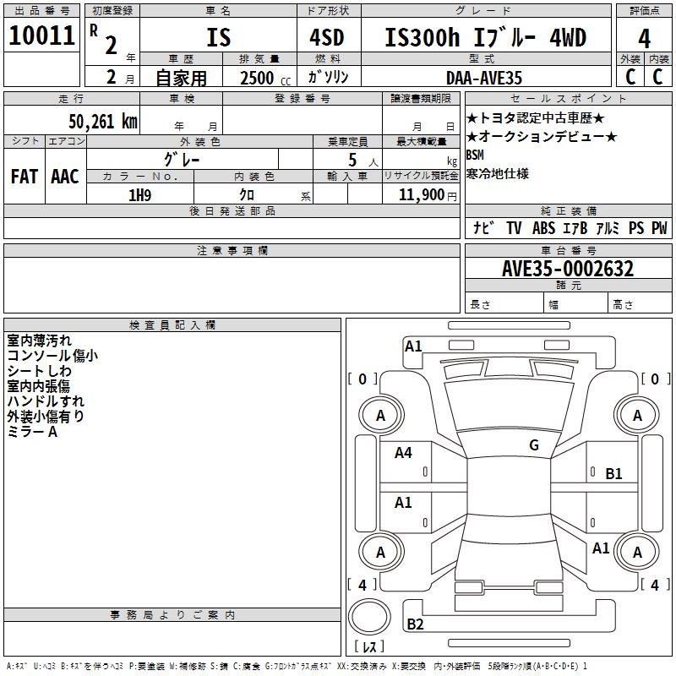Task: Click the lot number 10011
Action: click(x=42, y=36)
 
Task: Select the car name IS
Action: click(x=218, y=38)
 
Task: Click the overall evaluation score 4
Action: click(x=645, y=39)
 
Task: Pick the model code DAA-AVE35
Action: click(x=483, y=78)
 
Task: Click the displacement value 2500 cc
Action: click(x=264, y=78)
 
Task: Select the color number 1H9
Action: click(x=139, y=195)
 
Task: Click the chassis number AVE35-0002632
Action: click(x=567, y=269)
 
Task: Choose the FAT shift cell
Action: click(x=25, y=177)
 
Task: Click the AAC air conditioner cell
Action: click(x=65, y=177)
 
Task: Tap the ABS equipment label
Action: click(x=543, y=228)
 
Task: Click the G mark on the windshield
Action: click(x=533, y=445)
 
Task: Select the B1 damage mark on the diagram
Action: click(x=613, y=474)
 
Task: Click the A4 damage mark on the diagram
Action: click(x=403, y=453)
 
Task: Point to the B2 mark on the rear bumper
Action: click(x=415, y=624)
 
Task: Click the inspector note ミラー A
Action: click(x=32, y=432)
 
